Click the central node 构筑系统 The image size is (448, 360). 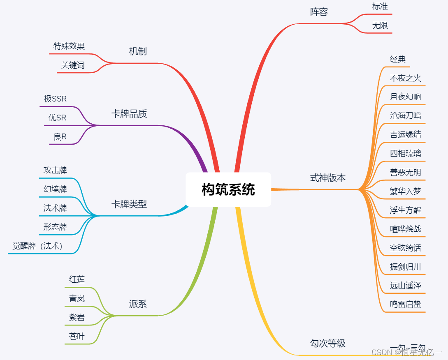coord(228,189)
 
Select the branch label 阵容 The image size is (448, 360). coord(319,12)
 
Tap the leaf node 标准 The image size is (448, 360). coord(380,7)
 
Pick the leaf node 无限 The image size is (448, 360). coord(380,25)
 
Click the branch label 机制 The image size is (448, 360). coord(138,51)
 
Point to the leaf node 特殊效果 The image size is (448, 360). coord(69,46)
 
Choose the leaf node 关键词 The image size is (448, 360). coord(73,65)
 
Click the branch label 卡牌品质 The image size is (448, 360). coord(129,114)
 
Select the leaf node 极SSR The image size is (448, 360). coord(55,99)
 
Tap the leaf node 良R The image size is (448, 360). coord(60,137)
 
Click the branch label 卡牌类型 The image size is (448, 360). coord(129,204)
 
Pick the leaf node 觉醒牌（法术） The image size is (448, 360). coord(37,246)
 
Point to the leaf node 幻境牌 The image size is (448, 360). coord(55,189)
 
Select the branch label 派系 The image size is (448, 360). coord(138,304)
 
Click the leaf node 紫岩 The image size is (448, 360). coord(77,317)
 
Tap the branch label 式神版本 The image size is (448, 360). coord(328,178)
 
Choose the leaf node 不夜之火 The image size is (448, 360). coord(405,78)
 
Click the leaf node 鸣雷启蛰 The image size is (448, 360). coord(405,305)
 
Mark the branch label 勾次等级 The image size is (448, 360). coord(328,343)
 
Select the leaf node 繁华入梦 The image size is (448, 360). coord(405,191)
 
